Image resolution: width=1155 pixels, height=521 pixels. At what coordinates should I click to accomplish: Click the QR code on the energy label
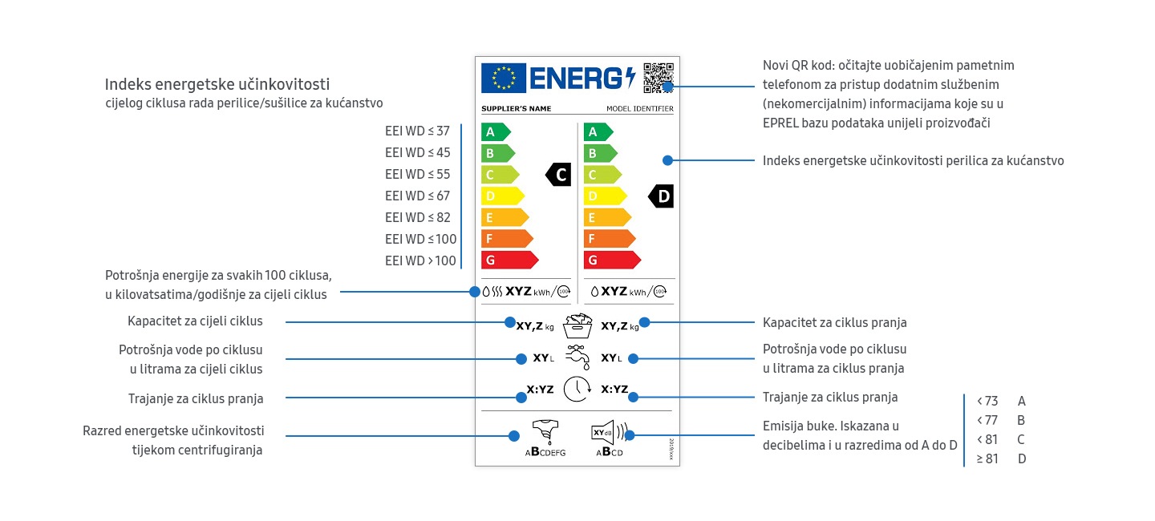coord(659,77)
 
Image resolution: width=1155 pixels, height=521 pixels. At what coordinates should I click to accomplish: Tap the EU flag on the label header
coord(504,78)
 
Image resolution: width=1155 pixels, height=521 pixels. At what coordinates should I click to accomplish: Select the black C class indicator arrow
coord(559,174)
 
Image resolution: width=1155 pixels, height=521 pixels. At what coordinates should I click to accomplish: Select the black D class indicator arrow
coord(662,196)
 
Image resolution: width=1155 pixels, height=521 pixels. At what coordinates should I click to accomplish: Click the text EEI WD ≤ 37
coord(417,131)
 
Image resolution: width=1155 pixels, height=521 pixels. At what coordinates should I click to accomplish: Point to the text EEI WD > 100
coord(420,260)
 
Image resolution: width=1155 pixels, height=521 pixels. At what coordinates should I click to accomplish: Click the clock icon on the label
coord(577,389)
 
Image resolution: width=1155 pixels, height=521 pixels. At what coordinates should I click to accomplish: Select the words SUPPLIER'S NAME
coord(516,109)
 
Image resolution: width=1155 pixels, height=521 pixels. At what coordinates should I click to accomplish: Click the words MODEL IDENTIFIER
coord(639,109)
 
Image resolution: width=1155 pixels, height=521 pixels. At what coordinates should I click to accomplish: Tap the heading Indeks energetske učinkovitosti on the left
coord(217,84)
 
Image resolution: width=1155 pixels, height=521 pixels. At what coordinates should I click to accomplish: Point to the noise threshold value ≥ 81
coord(987,458)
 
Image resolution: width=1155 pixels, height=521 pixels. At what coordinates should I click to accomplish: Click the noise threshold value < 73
coord(987,401)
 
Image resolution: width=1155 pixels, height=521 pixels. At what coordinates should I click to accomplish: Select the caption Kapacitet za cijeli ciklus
coord(195,321)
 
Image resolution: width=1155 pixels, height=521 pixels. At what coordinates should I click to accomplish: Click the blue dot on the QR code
coord(668,86)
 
